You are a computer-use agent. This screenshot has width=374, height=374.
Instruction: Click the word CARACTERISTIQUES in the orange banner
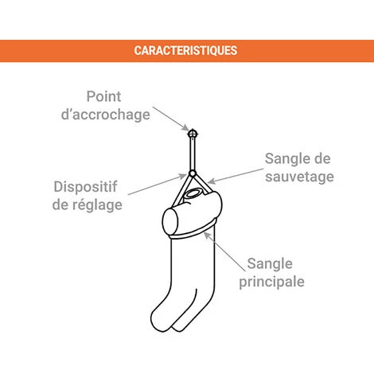pyautogui.click(x=185, y=51)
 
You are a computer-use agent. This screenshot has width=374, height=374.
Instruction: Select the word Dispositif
pyautogui.click(x=86, y=186)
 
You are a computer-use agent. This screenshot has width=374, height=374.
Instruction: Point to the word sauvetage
pyautogui.click(x=298, y=176)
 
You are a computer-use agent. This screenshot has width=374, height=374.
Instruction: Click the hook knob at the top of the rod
pyautogui.click(x=192, y=128)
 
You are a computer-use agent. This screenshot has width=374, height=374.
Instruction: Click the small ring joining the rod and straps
pyautogui.click(x=192, y=173)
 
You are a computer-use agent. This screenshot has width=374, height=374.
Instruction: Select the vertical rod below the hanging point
pyautogui.click(x=192, y=151)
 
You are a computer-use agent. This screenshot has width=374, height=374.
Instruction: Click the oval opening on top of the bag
pyautogui.click(x=193, y=193)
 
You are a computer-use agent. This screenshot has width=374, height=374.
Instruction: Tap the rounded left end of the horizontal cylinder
pyautogui.click(x=169, y=220)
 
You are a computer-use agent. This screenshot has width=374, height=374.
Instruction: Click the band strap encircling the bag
pyautogui.click(x=191, y=236)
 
